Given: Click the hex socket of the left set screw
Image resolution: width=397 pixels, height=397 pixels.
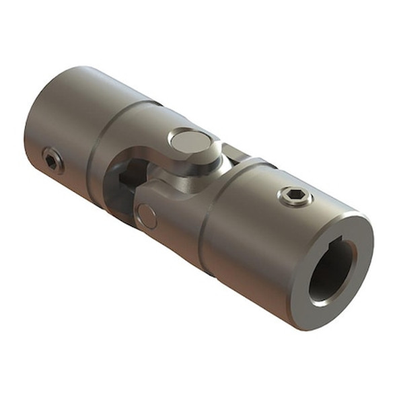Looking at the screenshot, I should tap(51, 161).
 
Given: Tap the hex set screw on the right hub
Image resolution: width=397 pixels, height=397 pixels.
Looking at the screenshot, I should tap(295, 196).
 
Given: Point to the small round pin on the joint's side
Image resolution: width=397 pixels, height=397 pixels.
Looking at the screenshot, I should tap(147, 215).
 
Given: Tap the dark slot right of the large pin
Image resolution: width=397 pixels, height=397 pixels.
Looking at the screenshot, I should tap(232, 155).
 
